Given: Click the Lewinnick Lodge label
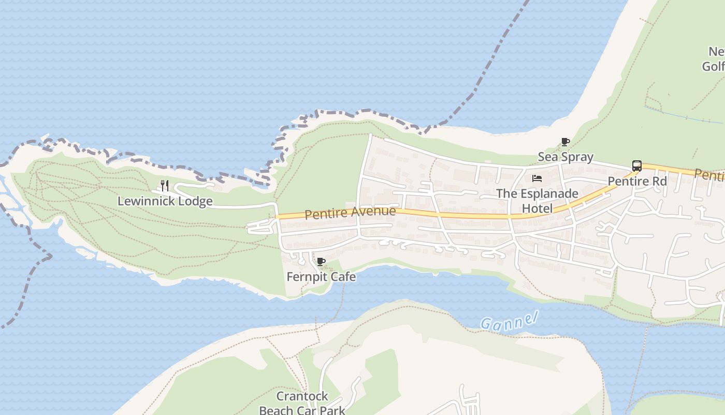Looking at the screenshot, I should coord(165,201).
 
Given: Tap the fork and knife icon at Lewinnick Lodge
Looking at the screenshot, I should coord(165,185).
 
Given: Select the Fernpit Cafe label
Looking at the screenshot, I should coord(321,276).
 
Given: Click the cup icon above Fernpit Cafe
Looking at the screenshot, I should coord(321,261).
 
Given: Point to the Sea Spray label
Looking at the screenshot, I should coord(565,157).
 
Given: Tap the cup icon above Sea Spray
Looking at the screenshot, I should coord(565,142).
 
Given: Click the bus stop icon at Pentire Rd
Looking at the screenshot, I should coord(637,166).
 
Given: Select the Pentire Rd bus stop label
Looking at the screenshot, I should coord(637,182).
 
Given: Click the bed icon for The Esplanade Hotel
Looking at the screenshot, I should coord(537,178).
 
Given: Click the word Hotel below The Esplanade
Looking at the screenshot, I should coord(537,209).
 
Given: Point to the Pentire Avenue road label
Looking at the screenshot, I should coord(350,212).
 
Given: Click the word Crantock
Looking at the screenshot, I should coord(302,396).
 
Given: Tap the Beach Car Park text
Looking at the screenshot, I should coord(302,410).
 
